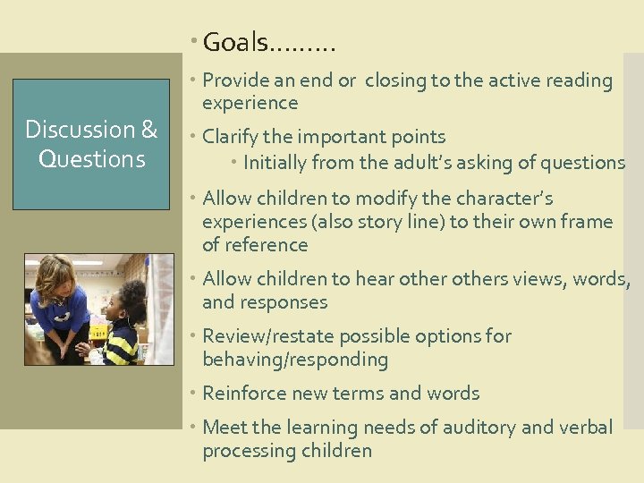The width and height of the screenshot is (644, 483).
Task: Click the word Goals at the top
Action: (x=235, y=42)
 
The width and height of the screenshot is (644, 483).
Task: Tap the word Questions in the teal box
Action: (x=91, y=159)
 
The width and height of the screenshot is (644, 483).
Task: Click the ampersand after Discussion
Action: (x=148, y=130)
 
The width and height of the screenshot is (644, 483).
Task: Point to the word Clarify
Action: (x=231, y=137)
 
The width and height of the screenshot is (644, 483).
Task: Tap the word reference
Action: (x=265, y=244)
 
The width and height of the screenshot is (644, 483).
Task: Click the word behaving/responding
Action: (x=295, y=360)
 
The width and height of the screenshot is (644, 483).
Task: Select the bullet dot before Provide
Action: (x=195, y=80)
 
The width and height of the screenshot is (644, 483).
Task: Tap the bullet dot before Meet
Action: (x=195, y=428)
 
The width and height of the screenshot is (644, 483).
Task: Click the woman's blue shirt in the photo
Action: (x=59, y=309)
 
